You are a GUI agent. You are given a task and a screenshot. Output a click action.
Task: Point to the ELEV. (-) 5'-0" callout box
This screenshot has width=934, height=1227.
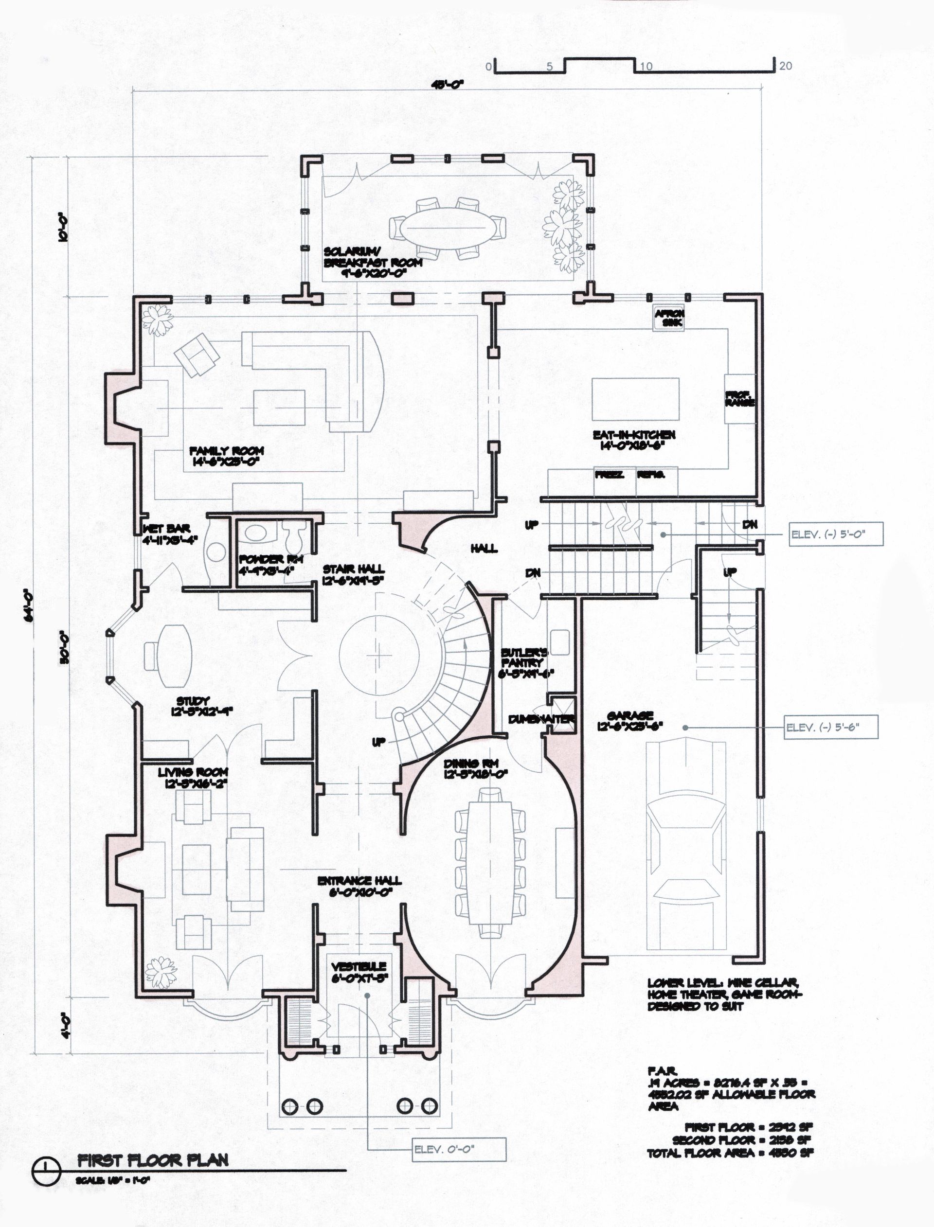[x=836, y=534]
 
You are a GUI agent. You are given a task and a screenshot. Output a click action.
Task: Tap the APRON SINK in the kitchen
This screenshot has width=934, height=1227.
[x=669, y=318]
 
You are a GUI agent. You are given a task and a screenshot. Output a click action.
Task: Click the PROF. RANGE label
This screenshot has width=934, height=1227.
[x=739, y=398]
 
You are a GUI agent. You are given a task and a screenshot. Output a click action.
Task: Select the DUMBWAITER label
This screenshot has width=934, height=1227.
[x=541, y=719]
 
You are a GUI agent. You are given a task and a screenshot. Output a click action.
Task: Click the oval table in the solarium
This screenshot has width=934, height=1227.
[x=447, y=227]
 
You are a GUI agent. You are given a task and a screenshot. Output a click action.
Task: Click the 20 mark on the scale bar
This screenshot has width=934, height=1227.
[x=785, y=66]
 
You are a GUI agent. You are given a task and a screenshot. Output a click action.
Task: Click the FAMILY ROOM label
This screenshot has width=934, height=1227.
[x=226, y=456]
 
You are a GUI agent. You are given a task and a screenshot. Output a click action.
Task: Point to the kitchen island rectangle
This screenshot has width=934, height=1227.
[x=635, y=400]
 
